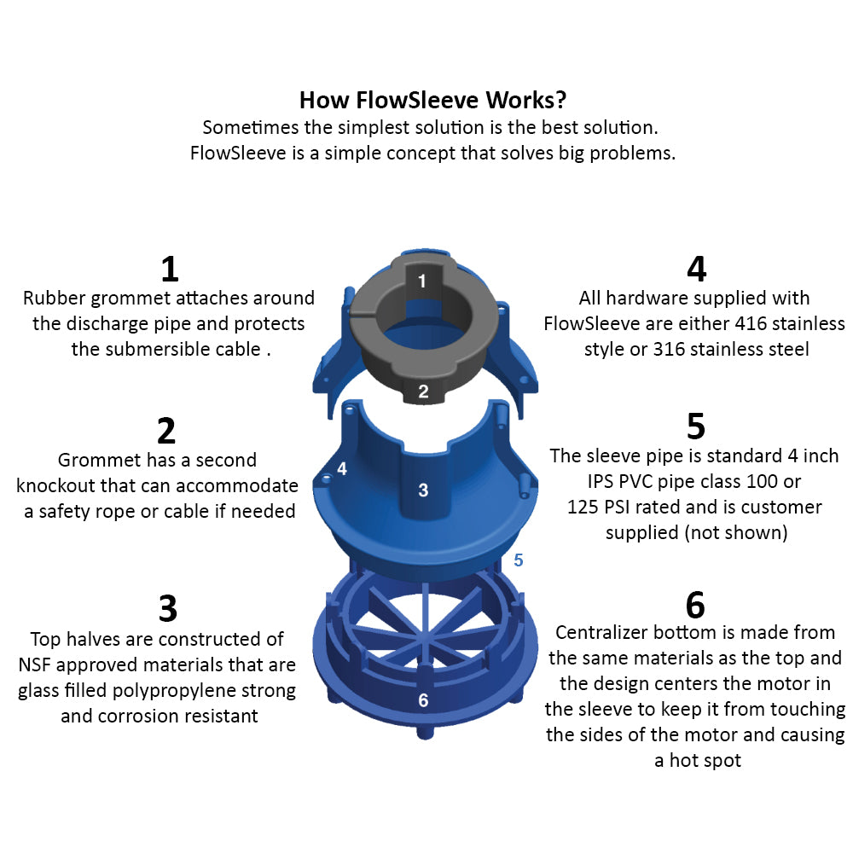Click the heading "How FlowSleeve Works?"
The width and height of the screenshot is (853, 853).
point(432,100)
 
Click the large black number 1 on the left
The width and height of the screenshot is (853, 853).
point(170,269)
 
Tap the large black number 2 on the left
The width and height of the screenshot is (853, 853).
point(166,431)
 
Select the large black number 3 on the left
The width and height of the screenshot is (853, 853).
point(168,609)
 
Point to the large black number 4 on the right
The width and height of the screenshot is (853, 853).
point(696,269)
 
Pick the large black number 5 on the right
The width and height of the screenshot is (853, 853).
point(695,426)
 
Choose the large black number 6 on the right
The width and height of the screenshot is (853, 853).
point(695,605)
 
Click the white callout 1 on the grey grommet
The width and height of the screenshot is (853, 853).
point(421,280)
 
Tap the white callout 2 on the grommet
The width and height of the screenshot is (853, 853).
point(423,392)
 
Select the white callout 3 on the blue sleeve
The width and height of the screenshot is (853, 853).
point(423,490)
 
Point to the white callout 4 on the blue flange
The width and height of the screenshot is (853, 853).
point(342,468)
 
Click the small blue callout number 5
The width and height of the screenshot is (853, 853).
point(518,561)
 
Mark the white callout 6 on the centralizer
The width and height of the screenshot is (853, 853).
point(423,700)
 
